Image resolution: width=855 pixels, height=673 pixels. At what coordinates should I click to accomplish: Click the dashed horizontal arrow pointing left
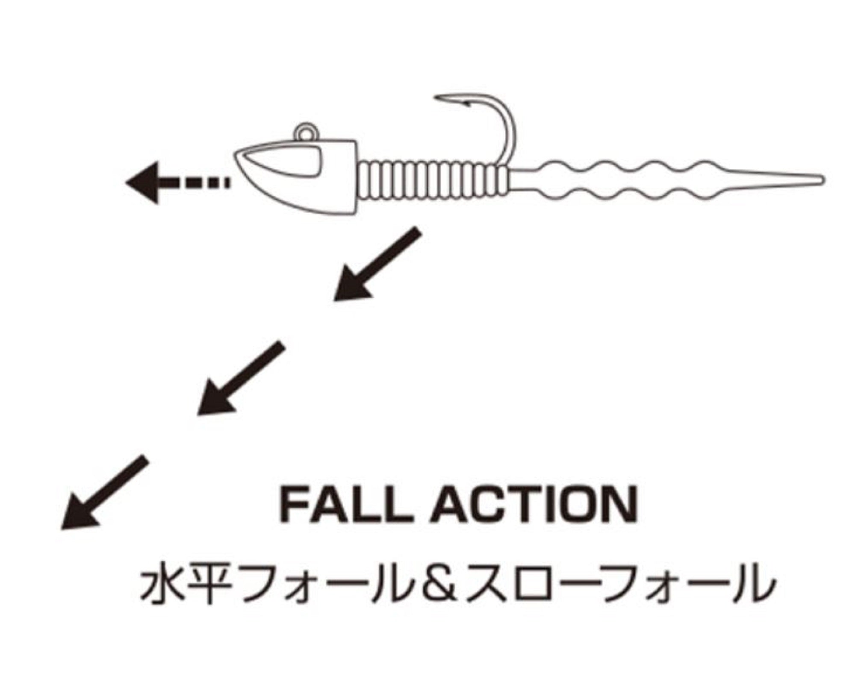pyautogui.click(x=177, y=182)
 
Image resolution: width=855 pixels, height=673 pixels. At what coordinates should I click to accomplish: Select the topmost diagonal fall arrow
pyautogui.click(x=377, y=264)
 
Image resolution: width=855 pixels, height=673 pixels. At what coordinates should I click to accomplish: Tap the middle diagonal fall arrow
pyautogui.click(x=240, y=378)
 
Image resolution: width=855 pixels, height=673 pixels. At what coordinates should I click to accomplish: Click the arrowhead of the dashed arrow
pyautogui.click(x=141, y=182)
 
